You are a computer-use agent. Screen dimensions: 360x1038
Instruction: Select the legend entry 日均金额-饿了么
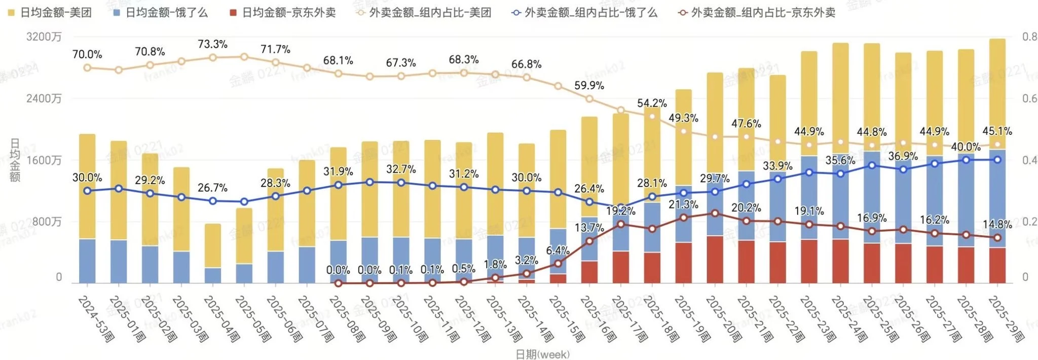[x=161, y=13]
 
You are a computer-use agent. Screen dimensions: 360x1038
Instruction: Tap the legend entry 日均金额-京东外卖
[x=283, y=13]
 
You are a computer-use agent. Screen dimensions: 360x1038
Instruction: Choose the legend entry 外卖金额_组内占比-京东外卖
[x=758, y=13]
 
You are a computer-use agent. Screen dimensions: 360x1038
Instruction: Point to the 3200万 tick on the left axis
[x=44, y=37]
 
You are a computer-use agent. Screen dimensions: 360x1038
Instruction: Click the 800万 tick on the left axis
[x=47, y=222]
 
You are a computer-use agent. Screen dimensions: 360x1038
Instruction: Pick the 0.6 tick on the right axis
[x=1029, y=98]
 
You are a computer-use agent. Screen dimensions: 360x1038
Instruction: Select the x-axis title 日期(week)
[x=542, y=354]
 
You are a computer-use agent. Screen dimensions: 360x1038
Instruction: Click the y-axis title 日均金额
[x=15, y=160]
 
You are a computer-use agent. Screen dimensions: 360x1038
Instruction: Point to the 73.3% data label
[x=212, y=44]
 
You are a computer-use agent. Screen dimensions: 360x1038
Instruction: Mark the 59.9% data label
[x=589, y=85]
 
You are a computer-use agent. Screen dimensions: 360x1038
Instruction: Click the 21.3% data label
[x=683, y=204]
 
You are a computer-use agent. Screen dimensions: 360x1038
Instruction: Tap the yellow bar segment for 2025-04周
[x=213, y=245]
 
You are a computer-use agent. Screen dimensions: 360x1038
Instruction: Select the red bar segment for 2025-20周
[x=715, y=259]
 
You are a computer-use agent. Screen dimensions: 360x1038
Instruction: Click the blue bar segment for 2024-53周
[x=87, y=261]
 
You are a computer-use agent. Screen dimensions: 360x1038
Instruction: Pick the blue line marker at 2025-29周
[x=997, y=160]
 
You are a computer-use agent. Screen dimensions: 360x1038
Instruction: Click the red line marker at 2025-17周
[x=621, y=224]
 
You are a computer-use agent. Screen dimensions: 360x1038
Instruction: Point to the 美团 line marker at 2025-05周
[x=244, y=57]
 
